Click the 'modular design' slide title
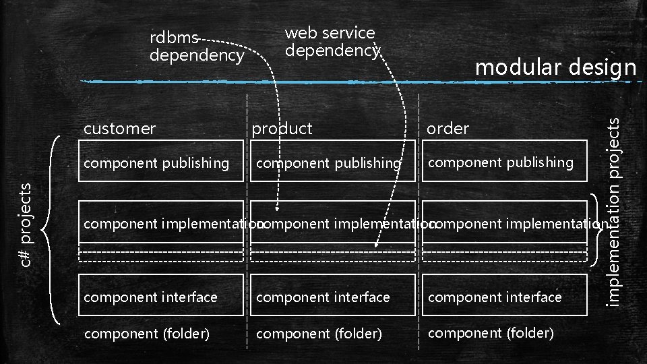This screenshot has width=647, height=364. [555, 67]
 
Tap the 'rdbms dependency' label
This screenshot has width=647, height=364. [195, 47]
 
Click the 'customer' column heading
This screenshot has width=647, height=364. [119, 128]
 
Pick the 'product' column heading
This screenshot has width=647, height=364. [282, 128]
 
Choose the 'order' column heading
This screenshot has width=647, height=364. [448, 128]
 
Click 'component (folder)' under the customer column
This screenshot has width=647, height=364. [146, 333]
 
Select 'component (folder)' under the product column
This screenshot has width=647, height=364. [319, 333]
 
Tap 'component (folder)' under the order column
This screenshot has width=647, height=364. [491, 332]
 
